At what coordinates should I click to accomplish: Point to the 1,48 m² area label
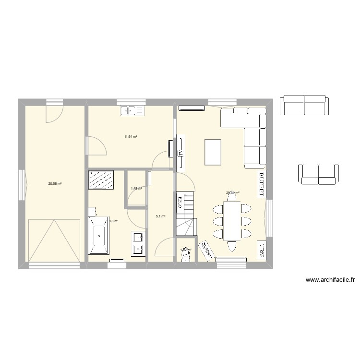(x=136, y=189)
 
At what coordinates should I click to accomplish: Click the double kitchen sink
(x=132, y=111)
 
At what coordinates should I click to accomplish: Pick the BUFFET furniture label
(x=262, y=183)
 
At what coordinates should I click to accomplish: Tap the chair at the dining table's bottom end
(x=232, y=246)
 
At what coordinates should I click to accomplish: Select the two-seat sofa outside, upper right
(x=304, y=105)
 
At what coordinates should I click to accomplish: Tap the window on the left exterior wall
(x=21, y=185)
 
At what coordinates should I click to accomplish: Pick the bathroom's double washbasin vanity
(x=138, y=242)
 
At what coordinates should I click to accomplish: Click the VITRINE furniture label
(x=262, y=251)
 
